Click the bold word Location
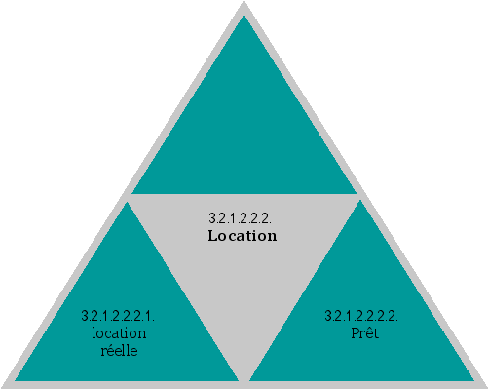tap(243, 236)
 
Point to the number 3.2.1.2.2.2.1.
tap(118, 317)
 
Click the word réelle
tap(119, 351)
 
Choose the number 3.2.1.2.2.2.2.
tap(361, 317)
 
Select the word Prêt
tap(363, 333)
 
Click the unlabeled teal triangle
tap(244, 127)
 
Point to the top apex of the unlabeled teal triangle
tap(244, 16)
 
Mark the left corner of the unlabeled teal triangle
tap(132, 193)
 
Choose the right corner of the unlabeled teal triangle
tap(356, 193)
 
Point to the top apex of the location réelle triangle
tap(127, 202)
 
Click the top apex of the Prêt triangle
tap(361, 202)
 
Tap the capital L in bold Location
tap(212, 236)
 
